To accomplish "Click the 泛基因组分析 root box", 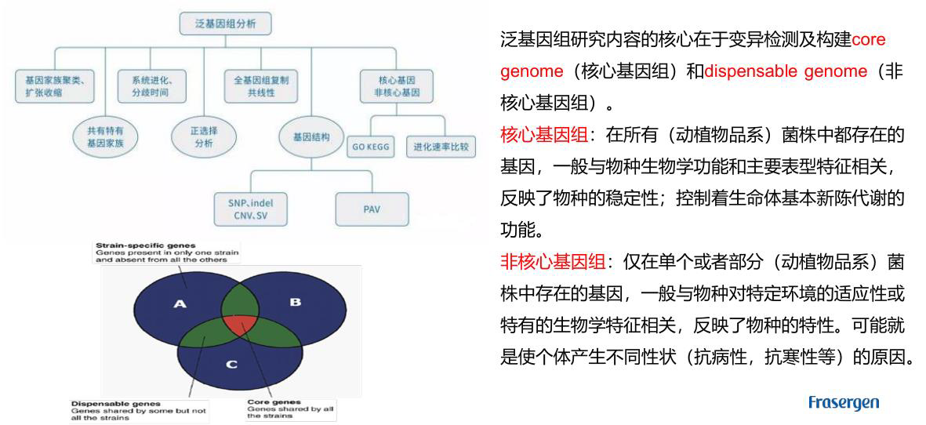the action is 225,24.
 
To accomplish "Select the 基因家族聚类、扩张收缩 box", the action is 54,86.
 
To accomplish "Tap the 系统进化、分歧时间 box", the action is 152,86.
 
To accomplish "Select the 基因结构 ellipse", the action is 311,137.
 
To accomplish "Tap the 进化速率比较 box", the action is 441,147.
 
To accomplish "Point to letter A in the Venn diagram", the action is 180,303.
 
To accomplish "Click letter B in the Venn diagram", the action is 295,301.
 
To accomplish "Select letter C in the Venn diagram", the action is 231,365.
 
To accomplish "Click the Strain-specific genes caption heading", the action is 146,245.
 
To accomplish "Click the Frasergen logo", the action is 843,403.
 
